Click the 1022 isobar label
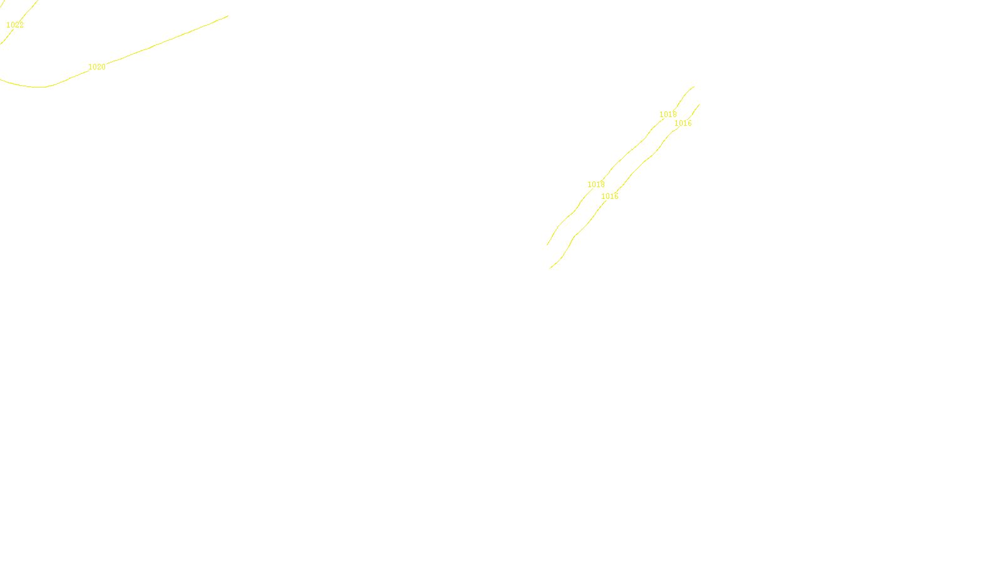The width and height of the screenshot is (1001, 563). pyautogui.click(x=15, y=25)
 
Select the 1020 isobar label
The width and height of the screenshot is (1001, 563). pyautogui.click(x=97, y=67)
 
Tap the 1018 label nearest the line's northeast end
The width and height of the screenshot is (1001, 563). pyautogui.click(x=668, y=114)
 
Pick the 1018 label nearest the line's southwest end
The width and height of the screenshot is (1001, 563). pyautogui.click(x=596, y=185)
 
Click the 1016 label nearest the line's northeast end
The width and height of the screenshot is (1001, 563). pyautogui.click(x=683, y=123)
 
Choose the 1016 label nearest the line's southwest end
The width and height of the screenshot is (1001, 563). pyautogui.click(x=610, y=196)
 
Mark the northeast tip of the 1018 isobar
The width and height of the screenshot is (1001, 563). pyautogui.click(x=694, y=86)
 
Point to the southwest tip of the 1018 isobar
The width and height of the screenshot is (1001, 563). pyautogui.click(x=547, y=245)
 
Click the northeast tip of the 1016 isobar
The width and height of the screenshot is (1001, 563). pyautogui.click(x=699, y=104)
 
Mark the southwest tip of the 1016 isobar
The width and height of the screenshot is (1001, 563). pyautogui.click(x=550, y=268)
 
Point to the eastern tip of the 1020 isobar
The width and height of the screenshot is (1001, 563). pyautogui.click(x=228, y=16)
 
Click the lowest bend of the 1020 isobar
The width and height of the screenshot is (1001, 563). pyautogui.click(x=41, y=87)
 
